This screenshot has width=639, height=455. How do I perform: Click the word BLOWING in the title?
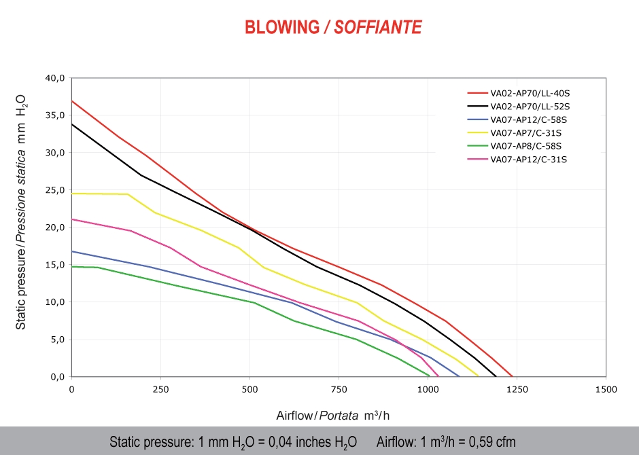click(x=281, y=27)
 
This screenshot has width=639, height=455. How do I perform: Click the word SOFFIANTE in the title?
click(x=378, y=27)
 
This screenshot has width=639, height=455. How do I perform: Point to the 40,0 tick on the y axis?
click(x=55, y=78)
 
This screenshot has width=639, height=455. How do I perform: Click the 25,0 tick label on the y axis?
click(x=55, y=190)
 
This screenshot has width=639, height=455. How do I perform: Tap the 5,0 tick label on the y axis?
click(x=57, y=339)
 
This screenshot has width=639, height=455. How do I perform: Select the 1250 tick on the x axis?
click(x=517, y=389)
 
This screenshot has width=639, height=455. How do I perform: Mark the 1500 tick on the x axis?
click(x=606, y=389)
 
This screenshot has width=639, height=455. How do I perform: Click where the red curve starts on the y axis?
click(x=72, y=101)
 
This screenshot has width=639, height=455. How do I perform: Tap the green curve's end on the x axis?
click(x=430, y=376)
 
